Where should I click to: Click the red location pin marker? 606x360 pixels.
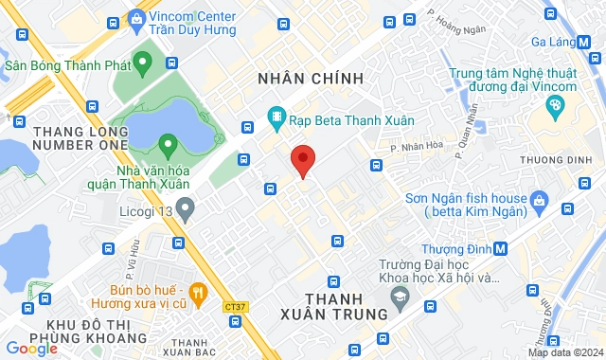(302, 159)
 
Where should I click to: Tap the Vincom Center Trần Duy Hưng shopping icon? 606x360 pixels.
(137, 18)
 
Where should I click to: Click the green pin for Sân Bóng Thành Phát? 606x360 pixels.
(143, 65)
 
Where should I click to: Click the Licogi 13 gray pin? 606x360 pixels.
(185, 207)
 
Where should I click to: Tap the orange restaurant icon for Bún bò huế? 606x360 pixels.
(198, 293)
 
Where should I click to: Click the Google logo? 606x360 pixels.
(31, 348)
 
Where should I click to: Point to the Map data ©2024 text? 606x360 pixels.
(564, 352)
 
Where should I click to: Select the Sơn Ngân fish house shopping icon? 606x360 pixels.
(540, 199)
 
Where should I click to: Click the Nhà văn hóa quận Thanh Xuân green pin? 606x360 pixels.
(168, 146)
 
